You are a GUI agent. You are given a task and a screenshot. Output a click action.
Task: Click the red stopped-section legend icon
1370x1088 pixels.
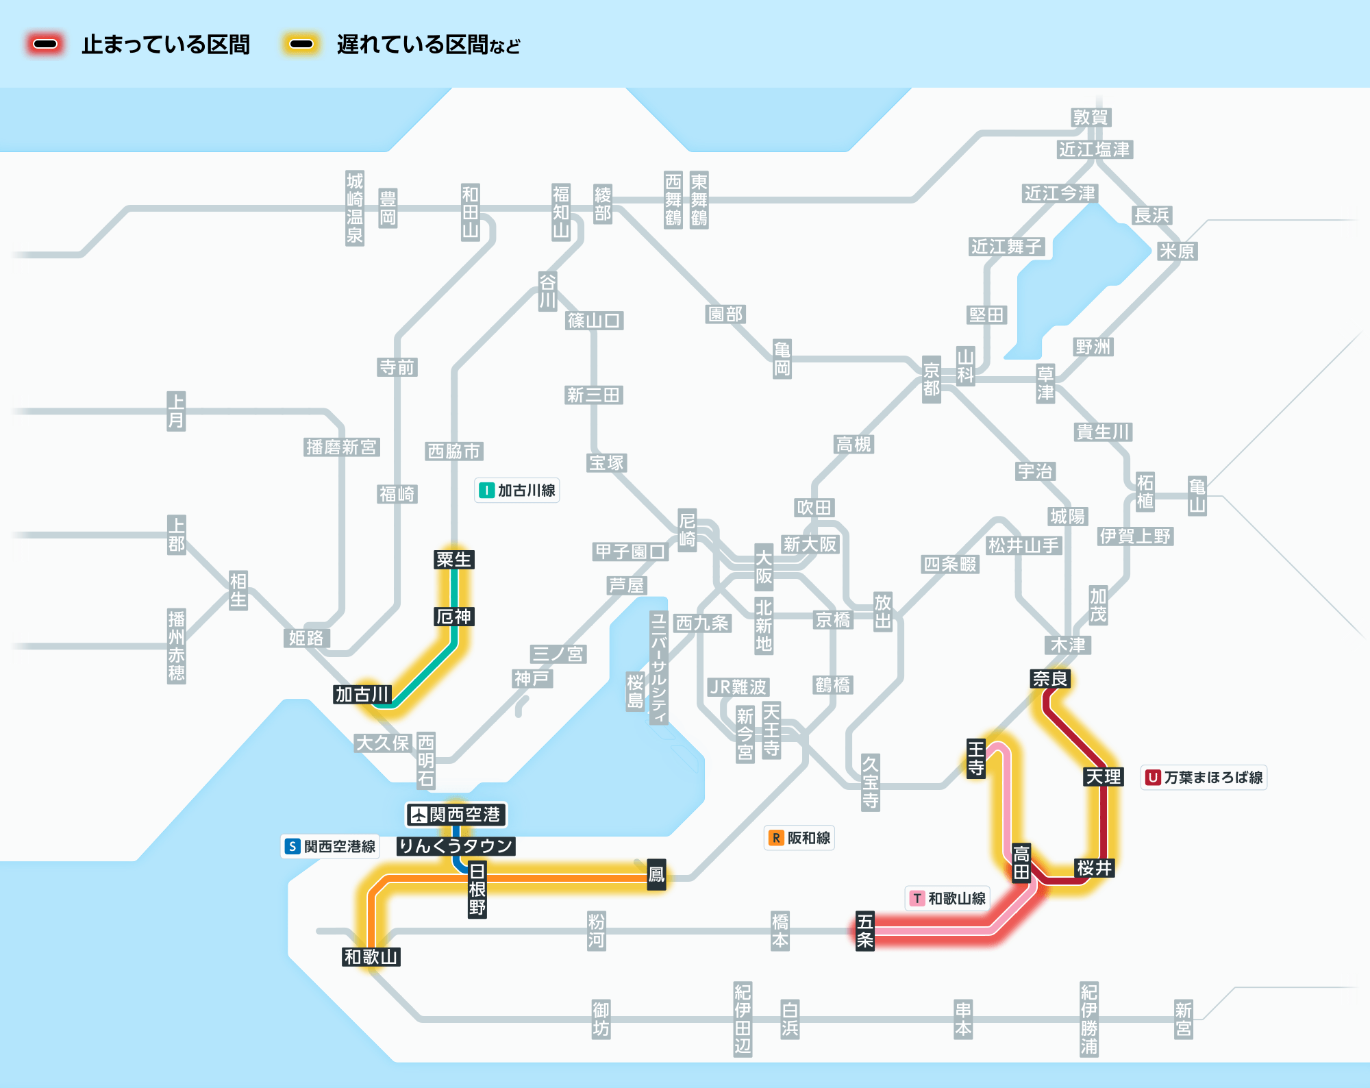click(45, 45)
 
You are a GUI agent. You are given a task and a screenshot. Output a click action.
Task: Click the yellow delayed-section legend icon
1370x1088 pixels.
click(301, 45)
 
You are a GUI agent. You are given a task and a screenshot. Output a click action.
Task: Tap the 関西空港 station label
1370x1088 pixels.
click(456, 815)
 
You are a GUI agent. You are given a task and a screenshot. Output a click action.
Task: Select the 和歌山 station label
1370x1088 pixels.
click(371, 956)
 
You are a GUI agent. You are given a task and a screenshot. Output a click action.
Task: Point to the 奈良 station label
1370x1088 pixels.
click(1050, 678)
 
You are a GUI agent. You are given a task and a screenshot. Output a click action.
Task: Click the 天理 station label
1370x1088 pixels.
click(1104, 776)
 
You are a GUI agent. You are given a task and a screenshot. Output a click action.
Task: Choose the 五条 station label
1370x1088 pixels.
click(865, 930)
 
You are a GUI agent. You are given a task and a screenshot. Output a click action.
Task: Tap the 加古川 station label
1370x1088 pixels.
click(362, 694)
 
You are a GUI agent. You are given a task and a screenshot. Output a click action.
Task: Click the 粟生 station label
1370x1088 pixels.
click(453, 559)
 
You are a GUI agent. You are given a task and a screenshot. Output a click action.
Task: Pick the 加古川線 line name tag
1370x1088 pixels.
click(517, 491)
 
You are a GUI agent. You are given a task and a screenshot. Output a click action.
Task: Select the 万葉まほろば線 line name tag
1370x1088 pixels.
click(1204, 777)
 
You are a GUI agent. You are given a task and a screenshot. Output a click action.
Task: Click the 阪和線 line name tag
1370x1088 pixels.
click(799, 837)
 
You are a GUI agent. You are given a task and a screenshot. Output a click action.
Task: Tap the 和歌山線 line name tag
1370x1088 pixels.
click(947, 898)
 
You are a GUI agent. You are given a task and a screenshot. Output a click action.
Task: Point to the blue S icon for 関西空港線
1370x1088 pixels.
click(292, 846)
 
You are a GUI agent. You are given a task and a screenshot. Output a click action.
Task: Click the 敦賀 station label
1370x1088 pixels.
click(1091, 117)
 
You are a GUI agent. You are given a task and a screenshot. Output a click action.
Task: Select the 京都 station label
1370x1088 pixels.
click(932, 380)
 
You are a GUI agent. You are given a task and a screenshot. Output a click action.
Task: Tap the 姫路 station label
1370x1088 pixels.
click(306, 638)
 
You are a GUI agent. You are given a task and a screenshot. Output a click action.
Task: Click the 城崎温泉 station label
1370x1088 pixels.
click(355, 208)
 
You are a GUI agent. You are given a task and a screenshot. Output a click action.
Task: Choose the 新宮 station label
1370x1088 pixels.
click(1184, 1019)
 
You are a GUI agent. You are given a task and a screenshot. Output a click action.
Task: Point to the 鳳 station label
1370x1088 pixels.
click(656, 874)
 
